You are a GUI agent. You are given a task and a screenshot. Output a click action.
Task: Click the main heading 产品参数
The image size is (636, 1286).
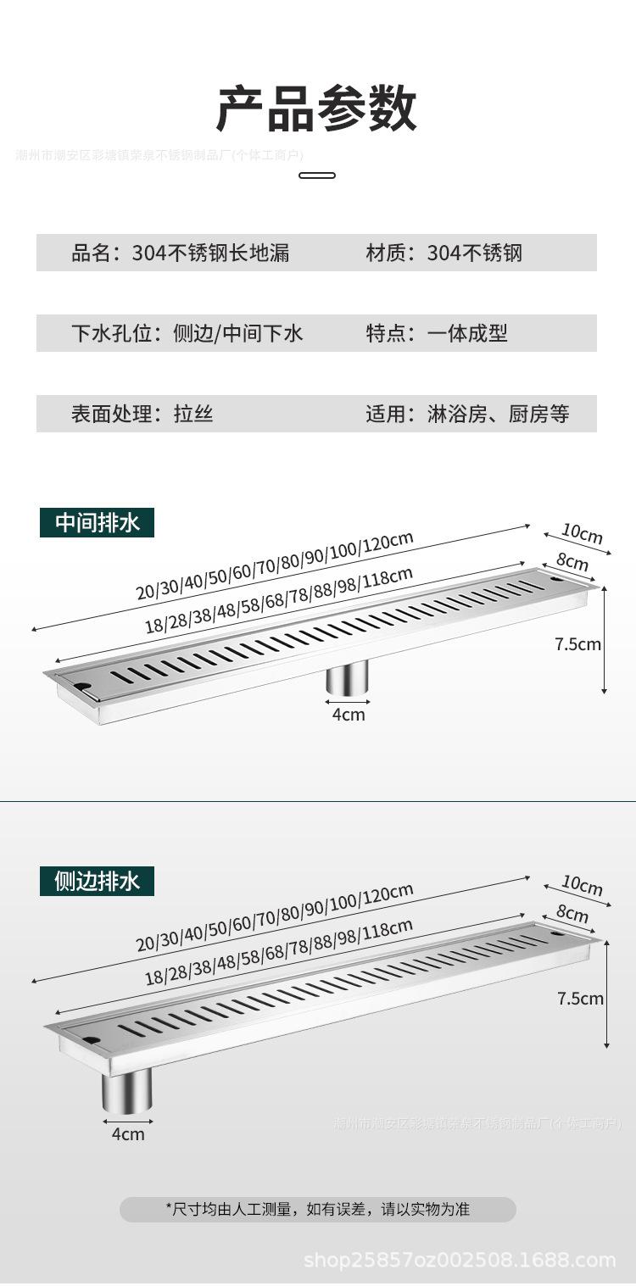[317, 109]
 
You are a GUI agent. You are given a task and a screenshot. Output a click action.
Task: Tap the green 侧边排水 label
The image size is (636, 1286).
[97, 882]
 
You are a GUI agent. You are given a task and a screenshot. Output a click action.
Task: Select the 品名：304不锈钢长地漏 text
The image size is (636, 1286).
[180, 253]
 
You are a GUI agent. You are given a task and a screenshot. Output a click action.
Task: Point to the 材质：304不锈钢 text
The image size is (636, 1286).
[444, 253]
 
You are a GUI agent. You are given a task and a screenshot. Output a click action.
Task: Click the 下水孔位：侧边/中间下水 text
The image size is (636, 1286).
[187, 333]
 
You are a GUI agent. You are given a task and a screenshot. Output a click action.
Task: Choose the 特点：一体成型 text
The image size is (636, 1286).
[436, 333]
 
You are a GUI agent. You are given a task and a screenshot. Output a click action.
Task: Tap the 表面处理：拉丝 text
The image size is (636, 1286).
[142, 414]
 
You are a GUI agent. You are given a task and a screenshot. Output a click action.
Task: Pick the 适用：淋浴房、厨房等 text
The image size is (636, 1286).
[467, 414]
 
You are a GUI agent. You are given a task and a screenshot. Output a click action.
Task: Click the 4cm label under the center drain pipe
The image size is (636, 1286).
[348, 715]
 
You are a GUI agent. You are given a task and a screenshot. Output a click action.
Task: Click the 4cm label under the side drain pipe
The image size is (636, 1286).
[128, 1134]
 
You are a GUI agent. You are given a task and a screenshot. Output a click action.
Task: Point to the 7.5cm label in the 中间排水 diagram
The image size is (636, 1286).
[577, 644]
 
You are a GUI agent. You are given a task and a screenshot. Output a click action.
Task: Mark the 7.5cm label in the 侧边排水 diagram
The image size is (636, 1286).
[580, 999]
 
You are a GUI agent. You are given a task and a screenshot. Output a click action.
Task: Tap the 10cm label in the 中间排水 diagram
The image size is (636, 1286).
[582, 534]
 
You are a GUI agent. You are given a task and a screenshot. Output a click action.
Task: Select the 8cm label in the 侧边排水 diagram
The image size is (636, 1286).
[572, 914]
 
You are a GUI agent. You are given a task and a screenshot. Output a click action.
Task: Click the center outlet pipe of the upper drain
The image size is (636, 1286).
[348, 678]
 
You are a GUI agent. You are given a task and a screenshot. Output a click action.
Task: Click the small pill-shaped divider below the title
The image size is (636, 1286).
[317, 175]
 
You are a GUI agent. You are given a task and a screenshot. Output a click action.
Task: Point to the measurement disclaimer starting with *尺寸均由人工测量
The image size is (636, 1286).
[317, 1210]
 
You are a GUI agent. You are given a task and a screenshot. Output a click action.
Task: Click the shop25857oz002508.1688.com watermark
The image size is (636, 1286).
[460, 1261]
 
